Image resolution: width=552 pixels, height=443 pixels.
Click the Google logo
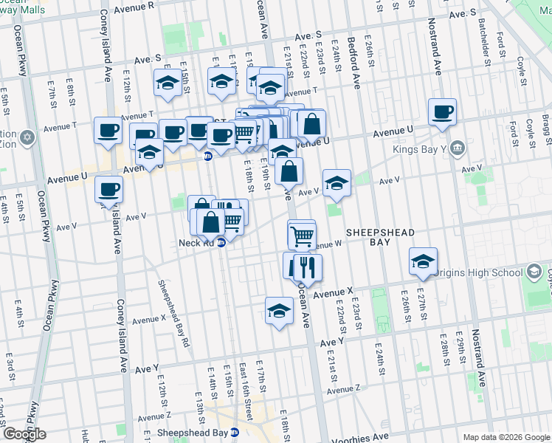(x=24, y=434)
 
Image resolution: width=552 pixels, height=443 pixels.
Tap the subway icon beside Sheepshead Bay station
(x=235, y=433)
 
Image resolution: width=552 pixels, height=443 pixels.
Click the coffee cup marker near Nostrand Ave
(x=442, y=113)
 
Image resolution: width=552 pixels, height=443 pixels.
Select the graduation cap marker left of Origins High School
(x=424, y=261)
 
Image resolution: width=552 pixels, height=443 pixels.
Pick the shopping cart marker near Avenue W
(x=302, y=236)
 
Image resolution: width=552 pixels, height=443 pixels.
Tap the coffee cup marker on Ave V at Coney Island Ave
(x=108, y=190)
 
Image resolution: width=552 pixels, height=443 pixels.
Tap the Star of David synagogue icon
(x=28, y=138)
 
